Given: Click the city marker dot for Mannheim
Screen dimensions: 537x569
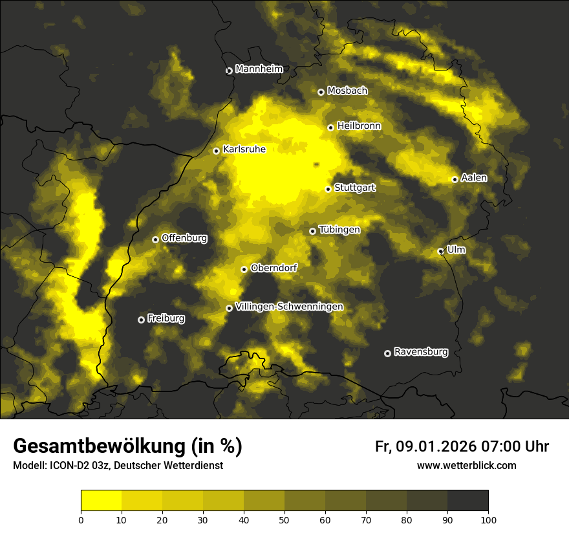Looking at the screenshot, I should (x=229, y=71).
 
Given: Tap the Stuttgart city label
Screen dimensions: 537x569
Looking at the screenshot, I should (x=355, y=188).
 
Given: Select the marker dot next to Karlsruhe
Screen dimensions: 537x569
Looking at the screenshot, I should (x=217, y=151).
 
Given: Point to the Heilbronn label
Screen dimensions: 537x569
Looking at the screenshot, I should (x=359, y=126).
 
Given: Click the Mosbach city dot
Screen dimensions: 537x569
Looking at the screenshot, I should (x=321, y=92).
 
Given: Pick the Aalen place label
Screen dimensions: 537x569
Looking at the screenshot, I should (x=474, y=178).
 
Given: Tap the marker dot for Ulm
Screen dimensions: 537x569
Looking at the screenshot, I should (x=440, y=251).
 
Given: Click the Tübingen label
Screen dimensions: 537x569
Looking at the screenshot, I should (x=339, y=230).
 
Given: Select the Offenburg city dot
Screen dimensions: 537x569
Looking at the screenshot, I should (x=155, y=239).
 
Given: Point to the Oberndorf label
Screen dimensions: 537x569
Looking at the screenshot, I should (x=274, y=268).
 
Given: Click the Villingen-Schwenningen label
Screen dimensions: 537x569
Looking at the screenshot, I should (x=289, y=307).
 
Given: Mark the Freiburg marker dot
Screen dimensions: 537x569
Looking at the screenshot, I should (x=141, y=320).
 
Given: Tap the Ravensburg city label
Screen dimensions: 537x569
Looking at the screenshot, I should (x=421, y=352).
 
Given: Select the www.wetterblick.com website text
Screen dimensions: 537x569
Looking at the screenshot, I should (x=466, y=465).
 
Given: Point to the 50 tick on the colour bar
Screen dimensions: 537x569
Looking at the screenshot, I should (x=284, y=520).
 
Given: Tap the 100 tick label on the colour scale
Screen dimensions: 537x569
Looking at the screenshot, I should (x=488, y=520).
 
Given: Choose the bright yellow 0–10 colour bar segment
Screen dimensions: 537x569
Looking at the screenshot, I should (x=102, y=501).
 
